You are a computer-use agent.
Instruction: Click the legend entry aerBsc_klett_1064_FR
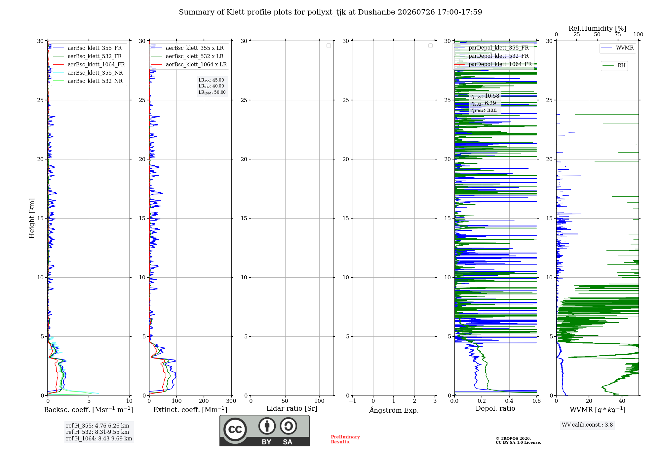pos(89,64)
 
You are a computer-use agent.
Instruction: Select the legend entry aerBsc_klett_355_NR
pos(88,73)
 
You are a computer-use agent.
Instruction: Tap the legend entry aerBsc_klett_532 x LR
pos(187,56)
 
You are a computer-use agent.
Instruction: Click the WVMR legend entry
pos(618,48)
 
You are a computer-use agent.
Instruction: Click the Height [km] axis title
pos(32,218)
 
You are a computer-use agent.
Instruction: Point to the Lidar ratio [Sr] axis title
pos(292,408)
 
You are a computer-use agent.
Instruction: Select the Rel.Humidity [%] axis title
pos(598,28)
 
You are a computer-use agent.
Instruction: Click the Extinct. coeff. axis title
pos(190,410)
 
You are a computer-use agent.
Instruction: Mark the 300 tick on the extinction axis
pos(231,401)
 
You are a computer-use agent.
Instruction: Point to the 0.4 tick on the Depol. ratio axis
pos(509,401)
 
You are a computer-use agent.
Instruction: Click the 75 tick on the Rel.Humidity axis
pos(618,34)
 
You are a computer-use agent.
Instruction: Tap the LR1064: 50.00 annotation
pos(212,92)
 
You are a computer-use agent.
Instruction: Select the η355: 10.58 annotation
pos(485,96)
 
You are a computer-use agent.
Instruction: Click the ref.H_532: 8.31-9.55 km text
pos(97,432)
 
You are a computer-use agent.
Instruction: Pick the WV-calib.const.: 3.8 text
pos(587,425)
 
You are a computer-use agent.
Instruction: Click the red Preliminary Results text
pos(345,439)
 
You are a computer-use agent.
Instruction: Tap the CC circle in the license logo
pos(235,430)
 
